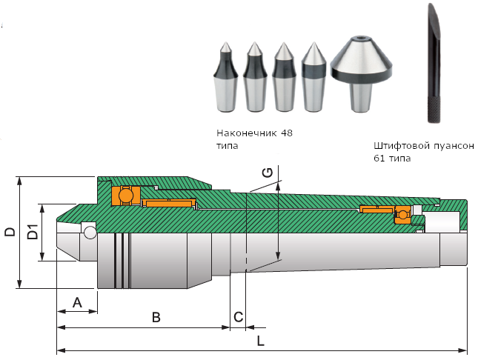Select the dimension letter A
tap(76, 302)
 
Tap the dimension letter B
tap(156, 317)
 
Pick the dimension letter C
tap(238, 317)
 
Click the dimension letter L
tap(260, 341)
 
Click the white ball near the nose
tap(90, 233)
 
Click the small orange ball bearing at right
tap(402, 215)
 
